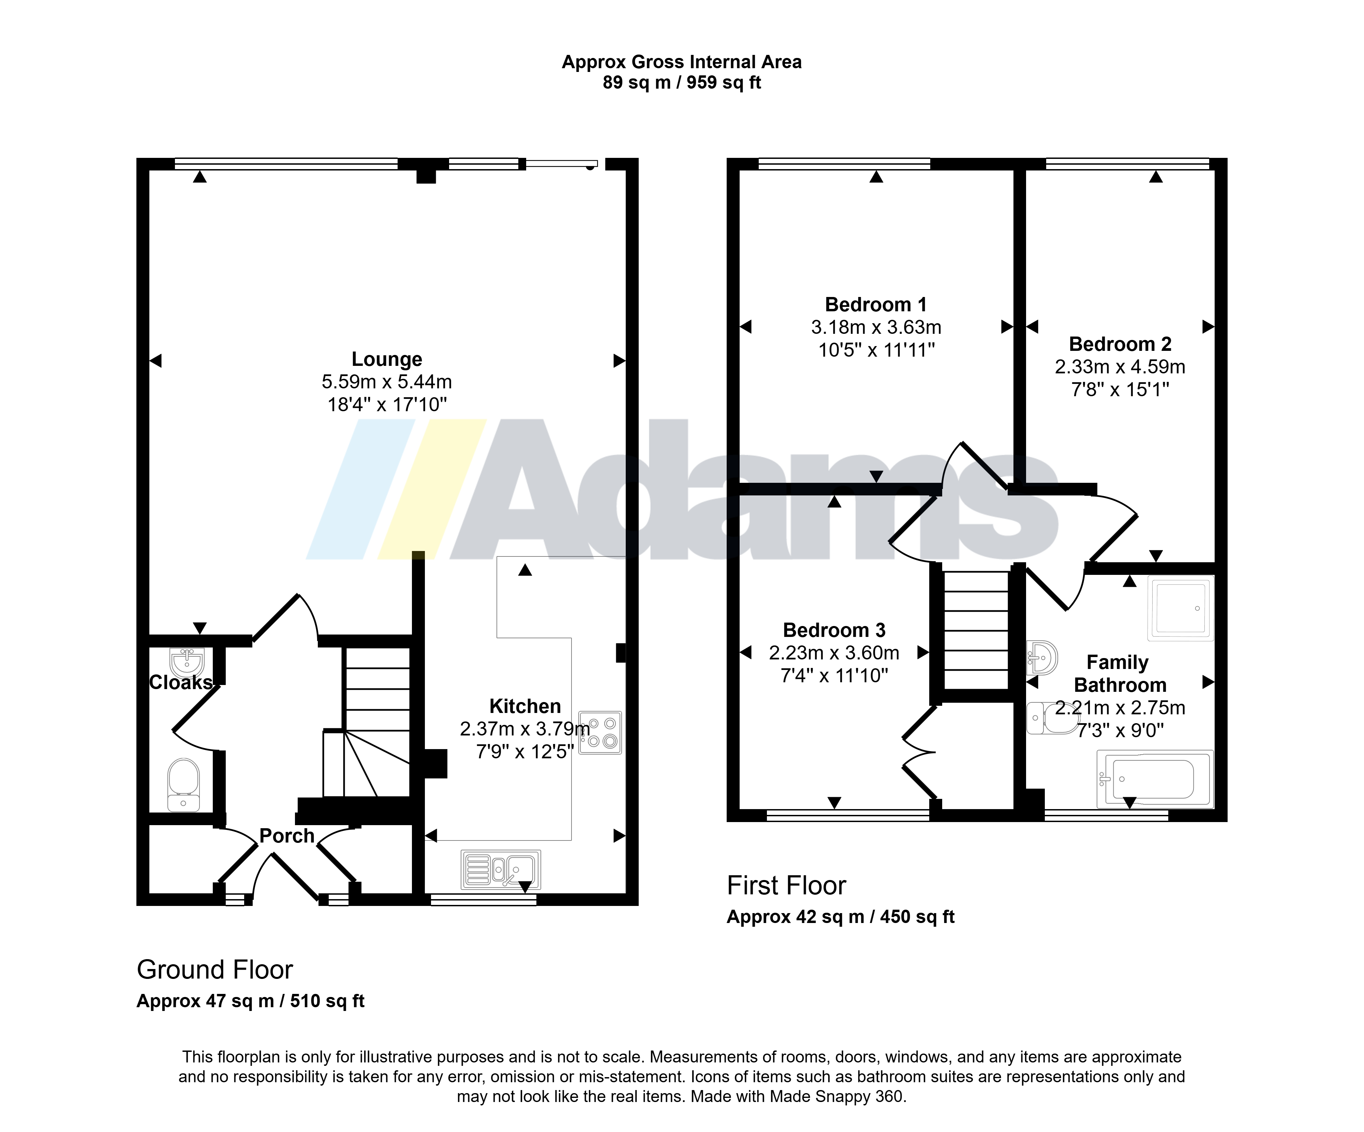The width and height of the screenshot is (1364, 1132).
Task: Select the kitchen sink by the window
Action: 501,869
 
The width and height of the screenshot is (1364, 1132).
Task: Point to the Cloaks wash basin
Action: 187,662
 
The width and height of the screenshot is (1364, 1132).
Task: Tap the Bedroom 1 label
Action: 876,304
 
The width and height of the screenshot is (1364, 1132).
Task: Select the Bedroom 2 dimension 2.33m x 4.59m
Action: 1120,367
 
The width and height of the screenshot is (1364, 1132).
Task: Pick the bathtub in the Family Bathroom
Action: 1155,779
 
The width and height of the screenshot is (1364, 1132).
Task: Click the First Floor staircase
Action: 976,630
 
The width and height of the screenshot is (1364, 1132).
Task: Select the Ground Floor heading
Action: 215,970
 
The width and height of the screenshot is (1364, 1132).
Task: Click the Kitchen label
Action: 525,706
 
